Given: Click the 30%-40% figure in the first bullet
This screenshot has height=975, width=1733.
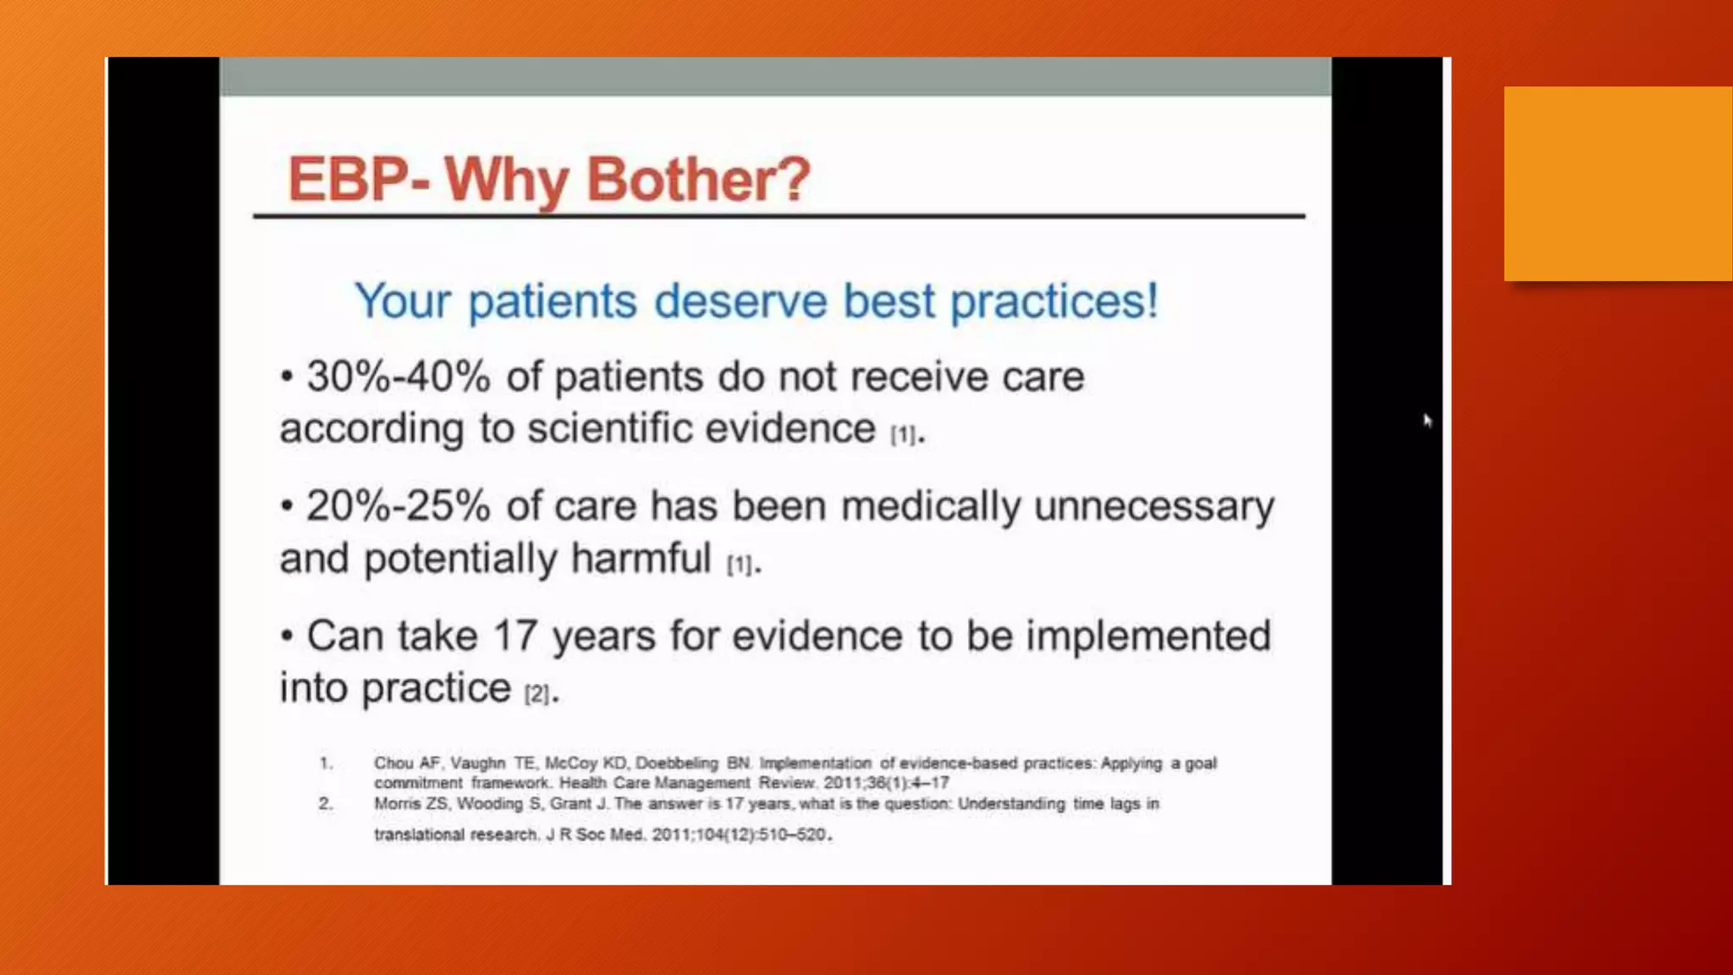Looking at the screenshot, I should click(398, 377).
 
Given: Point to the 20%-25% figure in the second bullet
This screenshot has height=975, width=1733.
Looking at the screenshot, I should click(398, 506).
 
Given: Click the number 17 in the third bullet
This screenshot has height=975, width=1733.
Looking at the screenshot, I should click(514, 636).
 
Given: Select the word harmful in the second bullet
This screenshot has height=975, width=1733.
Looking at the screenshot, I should click(641, 559).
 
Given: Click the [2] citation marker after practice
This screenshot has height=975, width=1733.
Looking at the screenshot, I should click(536, 694).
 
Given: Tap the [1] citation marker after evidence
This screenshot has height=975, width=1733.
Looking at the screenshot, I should click(903, 435).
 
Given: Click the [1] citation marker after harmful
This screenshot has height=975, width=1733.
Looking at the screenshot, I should click(740, 565).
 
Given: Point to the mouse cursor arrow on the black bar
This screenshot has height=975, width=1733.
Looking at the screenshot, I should click(1427, 421).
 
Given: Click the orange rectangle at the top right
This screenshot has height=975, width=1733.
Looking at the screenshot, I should click(1618, 184).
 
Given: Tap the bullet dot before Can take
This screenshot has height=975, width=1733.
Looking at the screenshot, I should click(288, 636).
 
